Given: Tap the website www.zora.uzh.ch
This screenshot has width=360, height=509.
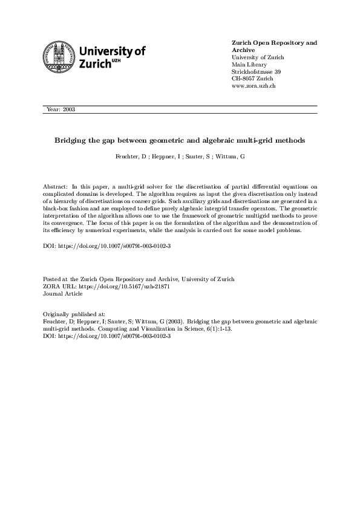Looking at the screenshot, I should click(254, 86).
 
